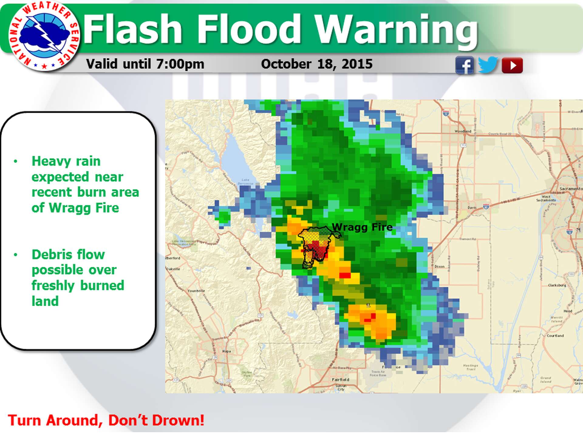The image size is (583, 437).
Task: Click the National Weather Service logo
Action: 44,36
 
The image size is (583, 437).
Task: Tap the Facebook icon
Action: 464,65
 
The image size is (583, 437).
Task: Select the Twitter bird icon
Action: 488,64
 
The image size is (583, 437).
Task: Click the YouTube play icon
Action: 512,65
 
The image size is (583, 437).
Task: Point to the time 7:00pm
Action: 180,64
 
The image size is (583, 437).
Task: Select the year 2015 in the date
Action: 357,64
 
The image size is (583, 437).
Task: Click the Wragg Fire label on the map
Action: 362,227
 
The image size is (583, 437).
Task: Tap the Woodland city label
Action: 463,131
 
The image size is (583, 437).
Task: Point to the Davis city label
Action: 472,208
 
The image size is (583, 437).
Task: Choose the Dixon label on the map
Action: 439,266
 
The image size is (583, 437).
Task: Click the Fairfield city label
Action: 340,380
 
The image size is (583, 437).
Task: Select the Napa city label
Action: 227,351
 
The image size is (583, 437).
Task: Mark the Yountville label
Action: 196,291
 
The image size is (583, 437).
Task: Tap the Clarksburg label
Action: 557,285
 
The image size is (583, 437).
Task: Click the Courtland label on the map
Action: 555,336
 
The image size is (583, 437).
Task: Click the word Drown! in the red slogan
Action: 178,420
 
